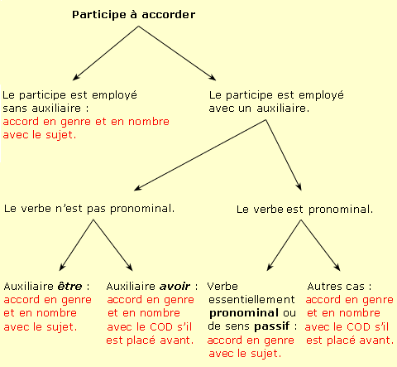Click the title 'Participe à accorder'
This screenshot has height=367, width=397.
click(x=134, y=15)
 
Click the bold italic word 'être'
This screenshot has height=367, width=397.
click(x=69, y=287)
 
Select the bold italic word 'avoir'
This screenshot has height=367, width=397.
click(x=175, y=287)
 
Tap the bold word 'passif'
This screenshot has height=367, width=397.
click(x=272, y=327)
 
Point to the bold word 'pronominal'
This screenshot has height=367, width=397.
click(x=244, y=313)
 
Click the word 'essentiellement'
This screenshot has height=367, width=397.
click(x=251, y=300)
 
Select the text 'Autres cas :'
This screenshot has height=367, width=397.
click(x=339, y=287)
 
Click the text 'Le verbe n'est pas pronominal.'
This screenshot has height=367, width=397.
click(x=89, y=209)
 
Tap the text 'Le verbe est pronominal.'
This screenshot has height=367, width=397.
click(x=304, y=210)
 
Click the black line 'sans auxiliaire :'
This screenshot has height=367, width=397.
click(x=45, y=109)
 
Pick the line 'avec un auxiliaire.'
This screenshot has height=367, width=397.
click(x=259, y=109)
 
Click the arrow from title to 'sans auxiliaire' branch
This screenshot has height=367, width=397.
click(x=106, y=53)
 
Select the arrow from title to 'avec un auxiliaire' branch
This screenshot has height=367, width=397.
click(x=177, y=53)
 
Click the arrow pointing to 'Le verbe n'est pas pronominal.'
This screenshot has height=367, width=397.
click(x=200, y=155)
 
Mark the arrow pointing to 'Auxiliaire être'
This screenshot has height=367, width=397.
click(x=76, y=245)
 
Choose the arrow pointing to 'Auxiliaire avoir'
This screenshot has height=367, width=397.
click(x=113, y=245)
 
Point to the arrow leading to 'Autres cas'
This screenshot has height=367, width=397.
click(x=321, y=245)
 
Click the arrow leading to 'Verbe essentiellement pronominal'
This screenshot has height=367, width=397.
click(x=284, y=245)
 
